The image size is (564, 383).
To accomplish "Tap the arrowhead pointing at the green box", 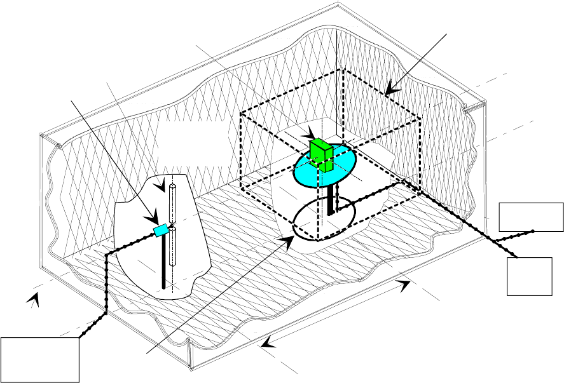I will coord(311,135).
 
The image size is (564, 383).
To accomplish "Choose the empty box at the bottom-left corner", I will coord(40,360).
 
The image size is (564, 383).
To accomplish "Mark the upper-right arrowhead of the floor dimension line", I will coord(405,287).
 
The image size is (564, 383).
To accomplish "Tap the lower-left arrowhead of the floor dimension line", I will coord(266,344).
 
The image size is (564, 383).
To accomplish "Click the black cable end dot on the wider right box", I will coord(533,231).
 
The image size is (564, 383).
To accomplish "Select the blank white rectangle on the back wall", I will coord(191,143).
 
